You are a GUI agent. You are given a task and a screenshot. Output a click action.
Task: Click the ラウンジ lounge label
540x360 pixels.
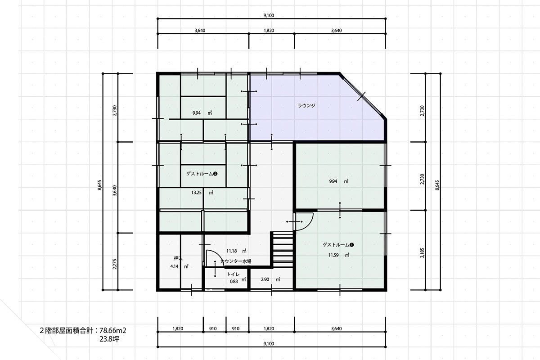[306, 106]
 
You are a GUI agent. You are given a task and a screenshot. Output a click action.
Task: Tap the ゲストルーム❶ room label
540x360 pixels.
[338, 245]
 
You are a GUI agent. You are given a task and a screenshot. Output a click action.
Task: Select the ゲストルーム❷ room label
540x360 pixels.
[202, 174]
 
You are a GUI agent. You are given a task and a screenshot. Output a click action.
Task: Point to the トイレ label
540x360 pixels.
[233, 274]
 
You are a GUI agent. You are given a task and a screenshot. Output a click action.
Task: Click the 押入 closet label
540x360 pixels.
[178, 258]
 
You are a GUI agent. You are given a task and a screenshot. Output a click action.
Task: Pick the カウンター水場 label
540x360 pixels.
[236, 261]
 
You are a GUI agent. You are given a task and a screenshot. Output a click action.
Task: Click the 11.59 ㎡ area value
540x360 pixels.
[339, 255]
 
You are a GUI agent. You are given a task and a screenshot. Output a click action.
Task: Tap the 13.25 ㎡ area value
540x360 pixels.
[202, 193]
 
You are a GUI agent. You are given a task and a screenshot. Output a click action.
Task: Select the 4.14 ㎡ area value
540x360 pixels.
[179, 266]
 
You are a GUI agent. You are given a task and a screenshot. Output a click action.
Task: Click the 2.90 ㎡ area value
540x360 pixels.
[270, 279]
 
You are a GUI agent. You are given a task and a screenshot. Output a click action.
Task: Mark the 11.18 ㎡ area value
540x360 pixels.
[236, 251]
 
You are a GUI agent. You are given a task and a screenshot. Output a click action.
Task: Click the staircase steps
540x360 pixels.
[282, 250]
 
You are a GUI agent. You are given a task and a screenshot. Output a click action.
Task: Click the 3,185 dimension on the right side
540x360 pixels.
[422, 253]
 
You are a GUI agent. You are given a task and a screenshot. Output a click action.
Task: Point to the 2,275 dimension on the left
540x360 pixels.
[114, 264]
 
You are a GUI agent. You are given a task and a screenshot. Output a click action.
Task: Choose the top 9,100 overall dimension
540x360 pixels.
[269, 15]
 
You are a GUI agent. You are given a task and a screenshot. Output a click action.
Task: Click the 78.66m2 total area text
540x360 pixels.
[113, 330]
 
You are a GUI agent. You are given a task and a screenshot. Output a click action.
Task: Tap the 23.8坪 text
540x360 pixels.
[109, 339]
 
